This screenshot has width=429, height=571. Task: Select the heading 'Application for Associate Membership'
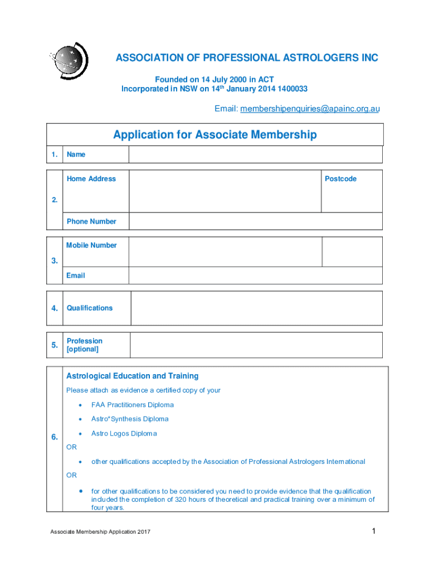pos(214,135)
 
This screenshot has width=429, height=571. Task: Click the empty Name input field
pos(255,154)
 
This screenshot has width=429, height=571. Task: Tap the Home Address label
pos(91,179)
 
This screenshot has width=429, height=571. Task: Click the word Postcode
pos(340,179)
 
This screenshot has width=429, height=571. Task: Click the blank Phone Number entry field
pos(255,221)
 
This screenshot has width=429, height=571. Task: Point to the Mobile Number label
pos(91,245)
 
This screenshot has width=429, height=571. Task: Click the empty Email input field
pos(255,275)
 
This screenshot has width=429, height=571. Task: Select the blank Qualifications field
pos(256,308)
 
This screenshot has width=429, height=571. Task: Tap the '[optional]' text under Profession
pos(82,350)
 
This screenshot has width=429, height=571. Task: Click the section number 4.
pos(55,308)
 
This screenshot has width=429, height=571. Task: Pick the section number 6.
pos(55,438)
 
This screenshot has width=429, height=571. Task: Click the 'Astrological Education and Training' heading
pos(132,376)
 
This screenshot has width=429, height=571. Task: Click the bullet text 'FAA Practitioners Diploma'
pos(133,405)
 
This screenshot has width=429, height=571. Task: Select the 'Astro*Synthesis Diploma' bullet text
pos(130,419)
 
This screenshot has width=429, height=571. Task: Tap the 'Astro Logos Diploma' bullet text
pos(124,434)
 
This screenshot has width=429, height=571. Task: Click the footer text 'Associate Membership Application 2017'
pos(100,531)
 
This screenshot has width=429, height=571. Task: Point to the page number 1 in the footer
pos(374,531)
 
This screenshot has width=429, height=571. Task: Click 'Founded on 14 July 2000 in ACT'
pos(214,80)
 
